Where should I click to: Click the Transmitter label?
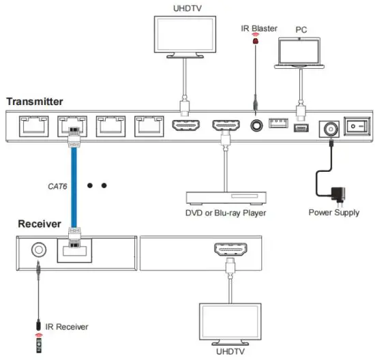coord(35,102)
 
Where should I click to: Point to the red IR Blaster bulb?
coord(256,42)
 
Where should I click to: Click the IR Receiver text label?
coord(66,328)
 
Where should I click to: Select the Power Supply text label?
coord(334,213)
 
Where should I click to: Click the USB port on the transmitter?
coord(277,124)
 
